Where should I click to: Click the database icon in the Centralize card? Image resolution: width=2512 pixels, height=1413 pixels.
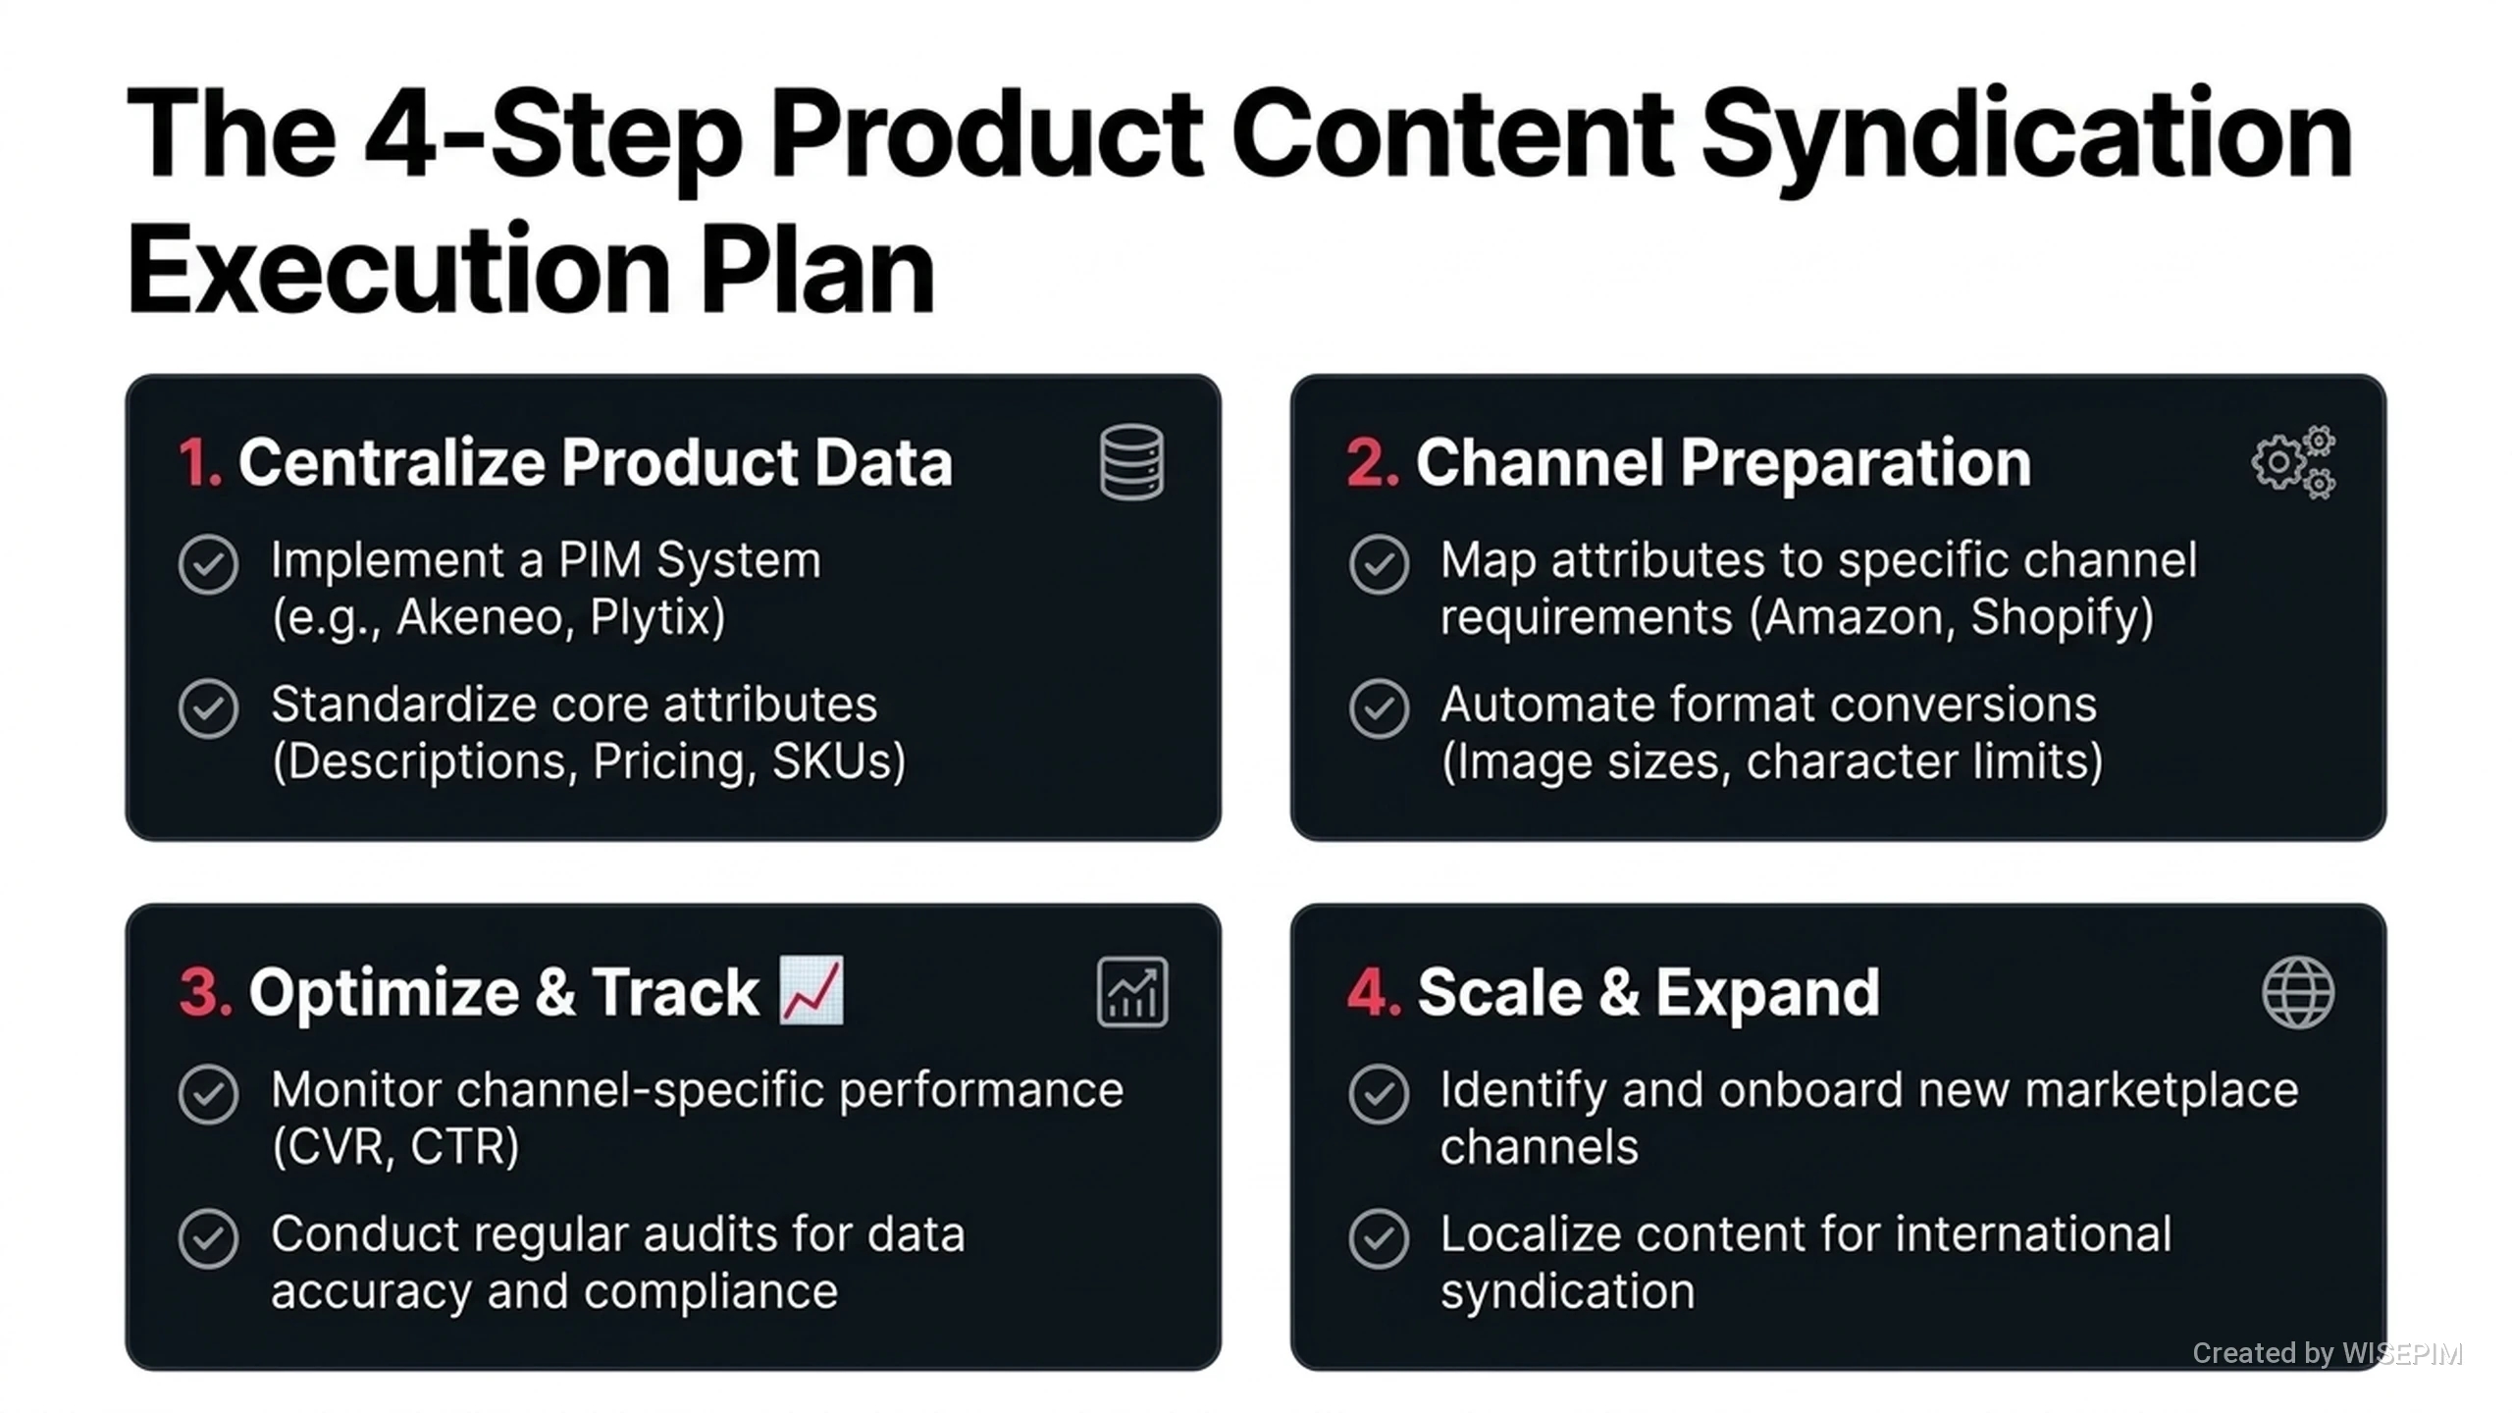(1131, 462)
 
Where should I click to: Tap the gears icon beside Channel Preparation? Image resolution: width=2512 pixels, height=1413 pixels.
(2293, 462)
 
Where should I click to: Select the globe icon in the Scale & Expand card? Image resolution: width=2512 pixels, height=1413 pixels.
(2298, 992)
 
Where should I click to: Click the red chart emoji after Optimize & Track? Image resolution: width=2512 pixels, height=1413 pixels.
(811, 990)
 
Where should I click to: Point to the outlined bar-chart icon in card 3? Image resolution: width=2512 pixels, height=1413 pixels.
(1132, 992)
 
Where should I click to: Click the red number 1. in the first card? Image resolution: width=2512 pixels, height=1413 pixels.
(200, 462)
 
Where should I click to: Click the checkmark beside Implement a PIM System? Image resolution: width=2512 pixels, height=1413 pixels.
(208, 564)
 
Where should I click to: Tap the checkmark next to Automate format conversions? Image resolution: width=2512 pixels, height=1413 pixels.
(1379, 708)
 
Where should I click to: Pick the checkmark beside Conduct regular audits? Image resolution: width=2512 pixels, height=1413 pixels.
(208, 1238)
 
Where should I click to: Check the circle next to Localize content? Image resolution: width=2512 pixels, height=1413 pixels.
(1379, 1238)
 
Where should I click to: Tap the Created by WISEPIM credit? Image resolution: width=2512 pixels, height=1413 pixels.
(2328, 1353)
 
